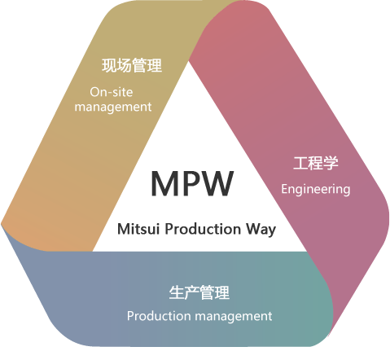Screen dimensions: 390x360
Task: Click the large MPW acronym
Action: point(192,183)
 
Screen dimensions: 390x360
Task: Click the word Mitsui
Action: point(138,229)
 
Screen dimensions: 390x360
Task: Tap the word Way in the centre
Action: point(261,230)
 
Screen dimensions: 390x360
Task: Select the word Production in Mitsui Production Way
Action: point(203,229)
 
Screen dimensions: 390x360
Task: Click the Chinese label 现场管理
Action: point(132,65)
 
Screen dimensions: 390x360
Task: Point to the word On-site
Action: point(112,92)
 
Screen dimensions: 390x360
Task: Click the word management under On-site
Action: point(113,108)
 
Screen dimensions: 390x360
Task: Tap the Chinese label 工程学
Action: point(316,163)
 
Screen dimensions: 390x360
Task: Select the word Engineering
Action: point(316,190)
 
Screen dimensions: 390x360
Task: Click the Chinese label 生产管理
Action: point(199,292)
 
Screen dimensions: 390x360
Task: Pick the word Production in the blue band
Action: point(159,316)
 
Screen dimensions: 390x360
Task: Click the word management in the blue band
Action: point(234,317)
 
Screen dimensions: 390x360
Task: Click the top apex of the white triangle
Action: point(189,61)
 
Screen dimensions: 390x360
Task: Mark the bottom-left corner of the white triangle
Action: point(93,251)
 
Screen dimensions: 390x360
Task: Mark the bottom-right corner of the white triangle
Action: point(307,251)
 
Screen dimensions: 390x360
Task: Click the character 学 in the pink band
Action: point(331,163)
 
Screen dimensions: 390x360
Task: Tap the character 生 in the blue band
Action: point(177,292)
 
